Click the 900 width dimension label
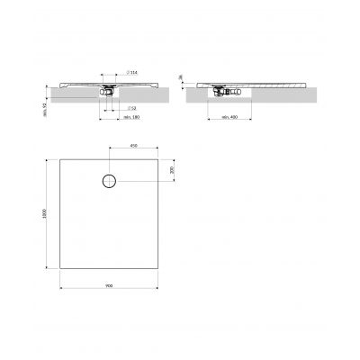(109, 285)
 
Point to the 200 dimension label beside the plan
(171, 170)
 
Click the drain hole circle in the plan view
(109, 181)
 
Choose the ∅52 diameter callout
(131, 107)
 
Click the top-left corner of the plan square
(59, 158)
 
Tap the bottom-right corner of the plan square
(157, 268)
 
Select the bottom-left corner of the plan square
(59, 268)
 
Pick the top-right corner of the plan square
(157, 158)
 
